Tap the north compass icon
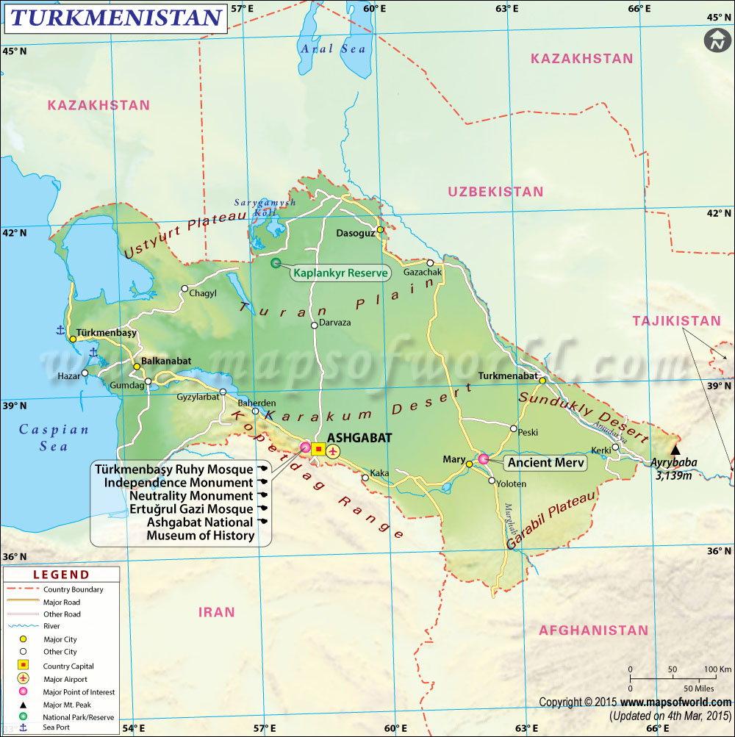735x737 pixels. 714,41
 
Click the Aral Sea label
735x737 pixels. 332,48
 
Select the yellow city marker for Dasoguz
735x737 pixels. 380,230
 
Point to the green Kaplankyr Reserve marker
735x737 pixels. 276,263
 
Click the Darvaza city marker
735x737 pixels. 314,325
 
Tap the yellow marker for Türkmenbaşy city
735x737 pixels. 73,339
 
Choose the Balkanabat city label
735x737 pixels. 166,361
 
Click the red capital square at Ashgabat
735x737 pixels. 318,449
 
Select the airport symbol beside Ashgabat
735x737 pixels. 334,450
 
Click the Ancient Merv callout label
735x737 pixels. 545,463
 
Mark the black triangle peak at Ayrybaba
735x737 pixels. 675,450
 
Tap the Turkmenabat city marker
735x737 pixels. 542,381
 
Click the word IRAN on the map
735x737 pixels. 216,611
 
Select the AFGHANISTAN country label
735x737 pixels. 593,630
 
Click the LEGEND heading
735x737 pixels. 60,575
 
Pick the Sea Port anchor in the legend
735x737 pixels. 23,727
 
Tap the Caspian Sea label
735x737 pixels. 54,438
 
